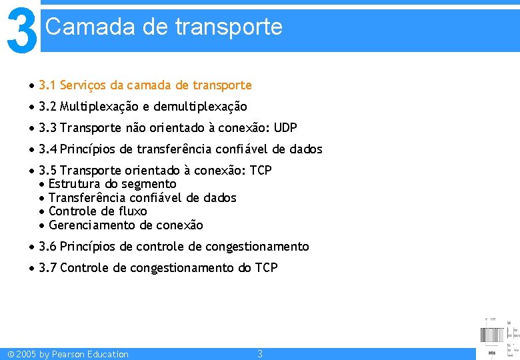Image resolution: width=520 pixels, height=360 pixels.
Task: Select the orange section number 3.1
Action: click(47, 85)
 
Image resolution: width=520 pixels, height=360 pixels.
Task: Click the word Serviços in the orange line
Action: click(83, 85)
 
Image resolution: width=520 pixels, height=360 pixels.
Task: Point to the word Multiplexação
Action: click(97, 107)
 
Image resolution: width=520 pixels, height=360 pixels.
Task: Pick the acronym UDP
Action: click(285, 128)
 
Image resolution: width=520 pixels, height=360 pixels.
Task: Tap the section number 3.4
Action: click(47, 149)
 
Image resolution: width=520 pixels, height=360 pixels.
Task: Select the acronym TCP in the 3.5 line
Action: click(261, 171)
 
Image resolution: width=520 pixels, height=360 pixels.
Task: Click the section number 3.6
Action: click(47, 247)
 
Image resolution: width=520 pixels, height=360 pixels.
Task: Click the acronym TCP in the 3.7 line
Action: click(267, 268)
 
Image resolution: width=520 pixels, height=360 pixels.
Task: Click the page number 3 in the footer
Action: click(260, 354)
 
